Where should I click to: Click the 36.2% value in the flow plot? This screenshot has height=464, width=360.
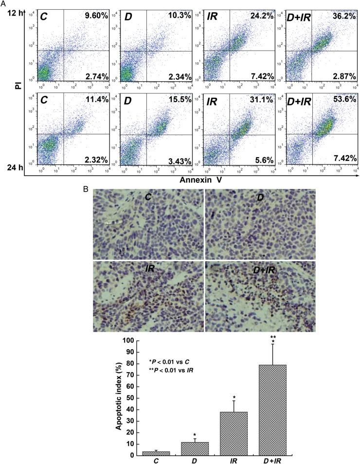(343, 16)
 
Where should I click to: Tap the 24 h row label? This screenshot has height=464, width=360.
(15, 167)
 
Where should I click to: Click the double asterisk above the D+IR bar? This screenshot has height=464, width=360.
(273, 336)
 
